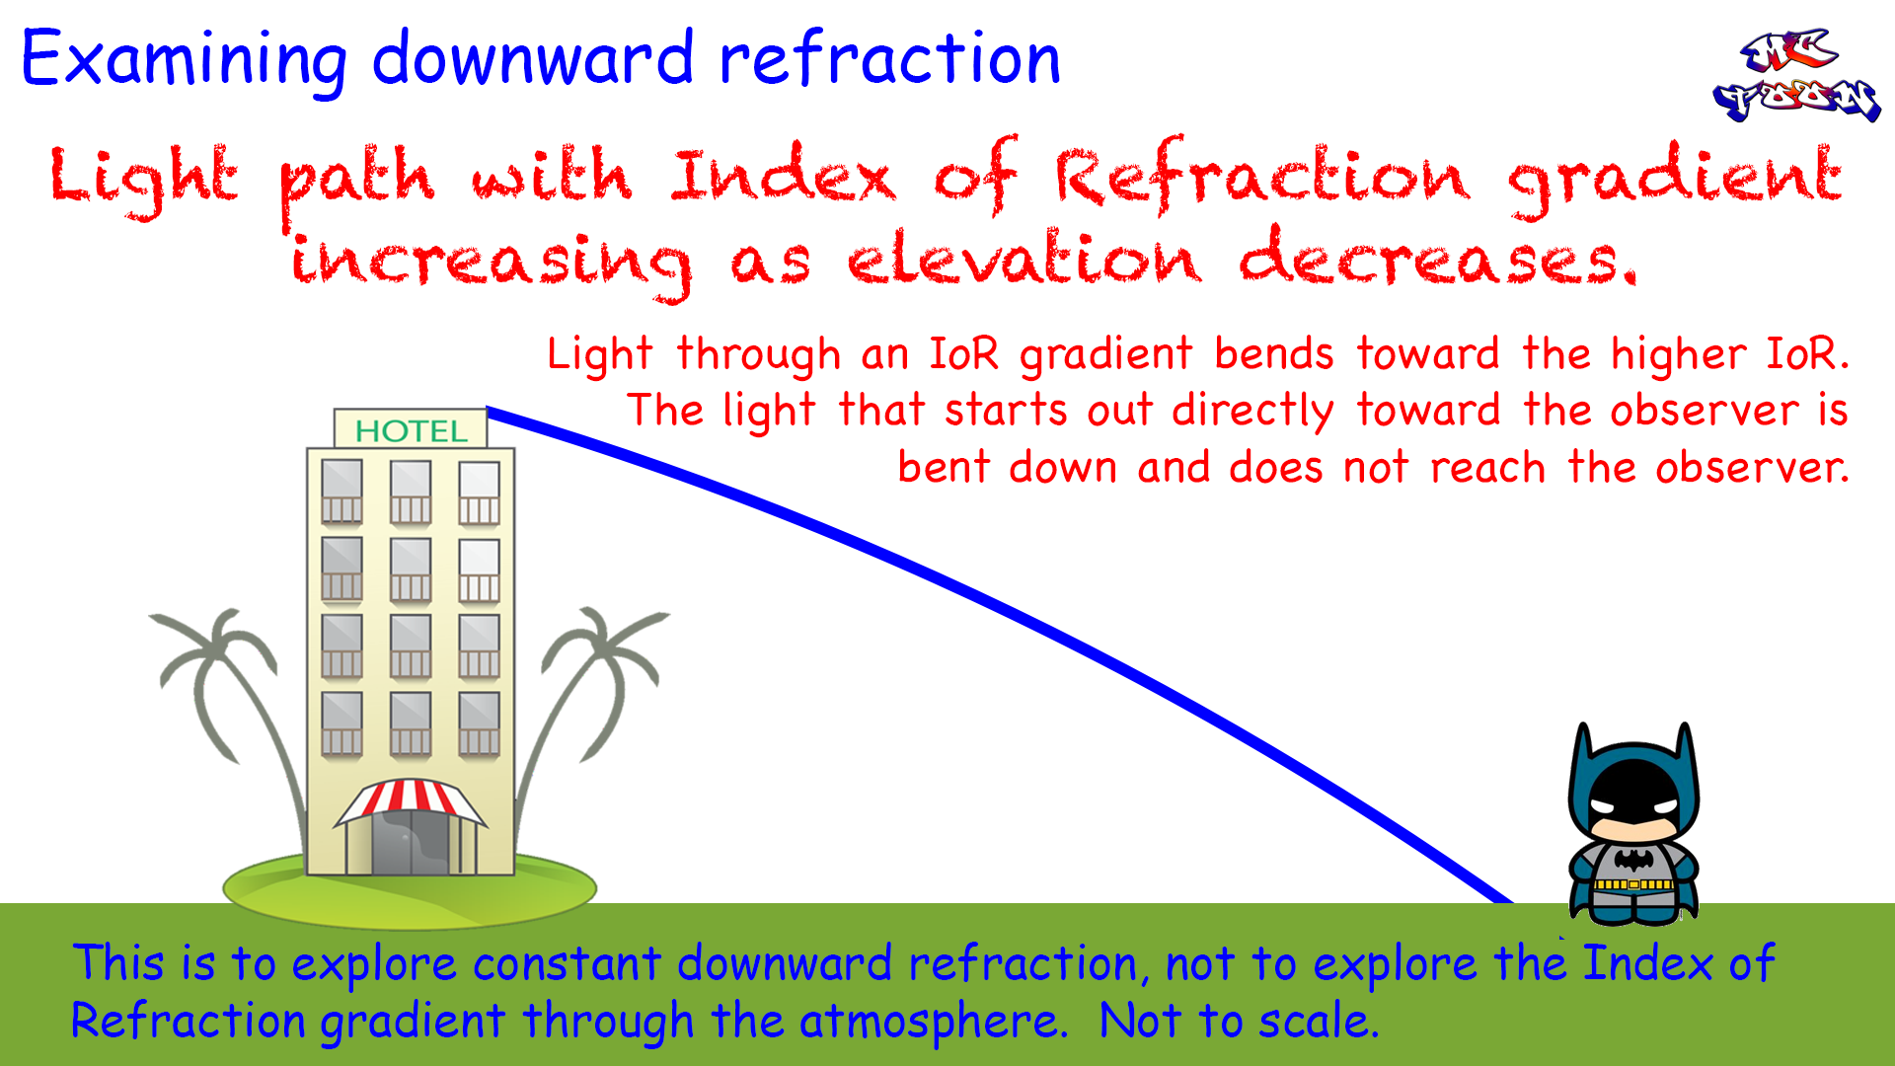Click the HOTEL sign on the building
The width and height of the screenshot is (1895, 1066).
pos(411,429)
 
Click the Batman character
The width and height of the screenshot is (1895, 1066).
pos(1634,824)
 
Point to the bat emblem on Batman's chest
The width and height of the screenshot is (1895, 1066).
pos(1634,859)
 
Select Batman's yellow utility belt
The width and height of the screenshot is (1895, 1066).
pos(1634,884)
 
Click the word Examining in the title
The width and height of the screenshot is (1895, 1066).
pos(184,59)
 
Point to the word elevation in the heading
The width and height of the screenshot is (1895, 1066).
pos(1024,259)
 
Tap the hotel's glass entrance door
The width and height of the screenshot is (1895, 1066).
pos(411,841)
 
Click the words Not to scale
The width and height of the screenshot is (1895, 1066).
pos(1239,1021)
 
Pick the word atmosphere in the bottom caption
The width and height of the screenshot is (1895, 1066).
pos(934,1021)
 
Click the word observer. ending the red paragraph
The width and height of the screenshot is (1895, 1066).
pos(1753,467)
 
